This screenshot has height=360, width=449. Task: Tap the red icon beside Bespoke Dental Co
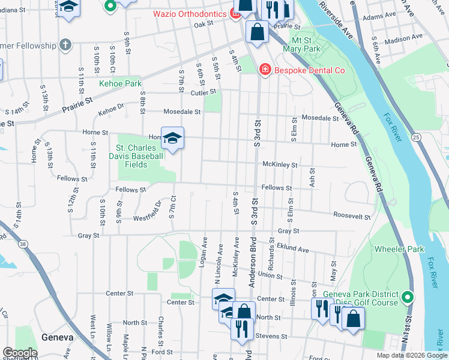264,71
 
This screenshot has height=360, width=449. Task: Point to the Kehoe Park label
121,84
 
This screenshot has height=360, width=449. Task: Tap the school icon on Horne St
172,139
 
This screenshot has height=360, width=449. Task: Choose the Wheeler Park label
399,249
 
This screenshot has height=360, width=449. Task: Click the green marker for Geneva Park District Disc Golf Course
408,297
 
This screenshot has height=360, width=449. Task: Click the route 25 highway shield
417,137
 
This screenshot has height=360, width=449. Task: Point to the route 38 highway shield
22,244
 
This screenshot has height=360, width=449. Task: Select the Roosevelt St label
352,215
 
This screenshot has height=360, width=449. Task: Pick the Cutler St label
203,92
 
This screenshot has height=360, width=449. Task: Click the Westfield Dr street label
148,211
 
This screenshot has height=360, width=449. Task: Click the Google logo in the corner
20,353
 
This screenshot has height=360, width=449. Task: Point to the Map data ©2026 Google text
412,355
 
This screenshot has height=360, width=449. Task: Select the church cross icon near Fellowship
65,45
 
